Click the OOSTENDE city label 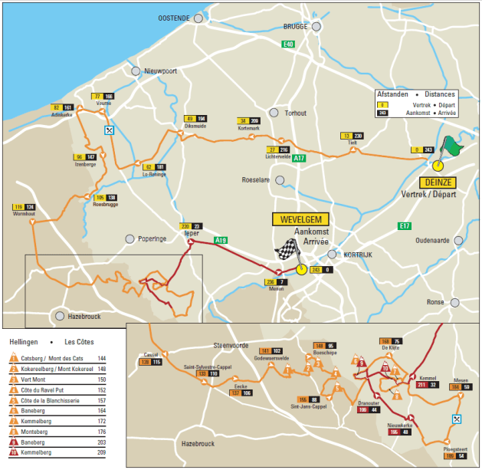174,18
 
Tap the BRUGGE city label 295,26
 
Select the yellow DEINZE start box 437,182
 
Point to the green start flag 453,146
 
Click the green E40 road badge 287,44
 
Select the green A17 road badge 299,158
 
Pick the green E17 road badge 405,225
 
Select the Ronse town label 435,302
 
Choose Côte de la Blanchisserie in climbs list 59,399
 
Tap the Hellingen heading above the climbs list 24,341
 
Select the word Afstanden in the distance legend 392,94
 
